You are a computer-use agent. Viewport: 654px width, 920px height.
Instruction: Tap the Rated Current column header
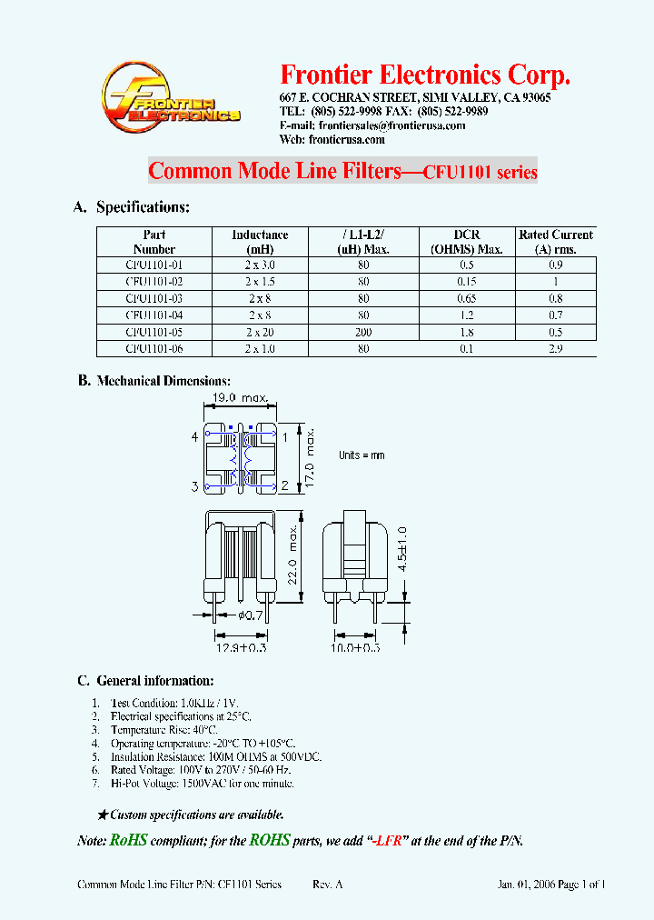pos(555,241)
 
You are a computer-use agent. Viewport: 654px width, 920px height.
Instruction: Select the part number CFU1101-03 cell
pos(154,298)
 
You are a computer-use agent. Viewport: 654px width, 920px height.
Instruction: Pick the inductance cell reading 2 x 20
pos(260,332)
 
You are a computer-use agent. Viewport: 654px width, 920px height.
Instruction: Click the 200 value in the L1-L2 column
pos(363,332)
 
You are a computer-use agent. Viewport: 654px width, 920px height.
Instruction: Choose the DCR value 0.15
pos(466,282)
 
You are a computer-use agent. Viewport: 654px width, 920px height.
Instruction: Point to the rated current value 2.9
pos(555,348)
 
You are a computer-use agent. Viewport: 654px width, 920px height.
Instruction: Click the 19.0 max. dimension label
pos(240,398)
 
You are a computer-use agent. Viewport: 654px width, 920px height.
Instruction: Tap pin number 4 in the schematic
pos(194,437)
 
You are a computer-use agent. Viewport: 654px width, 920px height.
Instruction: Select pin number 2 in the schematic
pos(284,486)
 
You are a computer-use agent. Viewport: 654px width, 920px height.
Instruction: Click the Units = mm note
pos(362,455)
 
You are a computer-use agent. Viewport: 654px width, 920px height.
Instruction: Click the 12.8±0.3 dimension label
pos(242,647)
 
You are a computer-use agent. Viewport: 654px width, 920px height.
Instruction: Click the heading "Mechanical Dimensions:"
pos(163,381)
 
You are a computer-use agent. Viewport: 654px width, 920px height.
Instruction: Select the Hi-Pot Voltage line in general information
pos(202,783)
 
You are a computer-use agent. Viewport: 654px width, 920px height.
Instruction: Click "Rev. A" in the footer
pos(328,884)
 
